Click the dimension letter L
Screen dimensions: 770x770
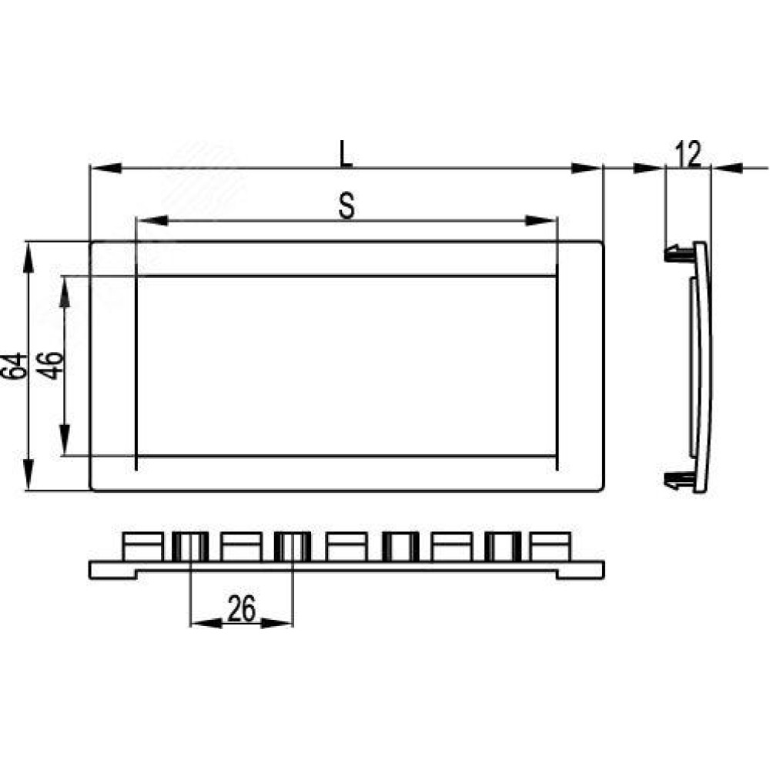tap(346, 154)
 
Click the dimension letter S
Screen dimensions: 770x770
tap(346, 206)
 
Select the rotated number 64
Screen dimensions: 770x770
tap(14, 366)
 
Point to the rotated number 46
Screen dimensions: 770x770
tap(52, 366)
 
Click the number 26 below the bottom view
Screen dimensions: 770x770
tap(242, 609)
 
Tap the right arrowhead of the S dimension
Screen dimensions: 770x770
tap(541, 220)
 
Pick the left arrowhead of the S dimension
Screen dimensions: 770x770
tap(152, 220)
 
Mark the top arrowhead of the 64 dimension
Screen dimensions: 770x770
tap(28, 258)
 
